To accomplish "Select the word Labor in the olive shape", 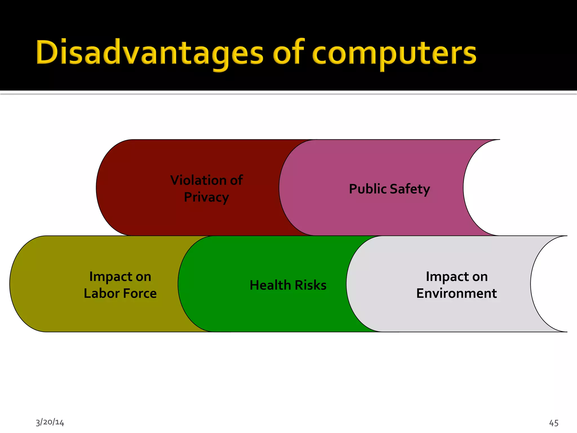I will pos(102,293).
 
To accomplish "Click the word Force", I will pos(140,293).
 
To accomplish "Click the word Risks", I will pos(310,285).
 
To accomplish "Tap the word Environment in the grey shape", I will pos(456,293).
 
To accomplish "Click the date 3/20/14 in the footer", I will pos(50,422).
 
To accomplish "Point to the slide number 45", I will pos(554,423).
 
